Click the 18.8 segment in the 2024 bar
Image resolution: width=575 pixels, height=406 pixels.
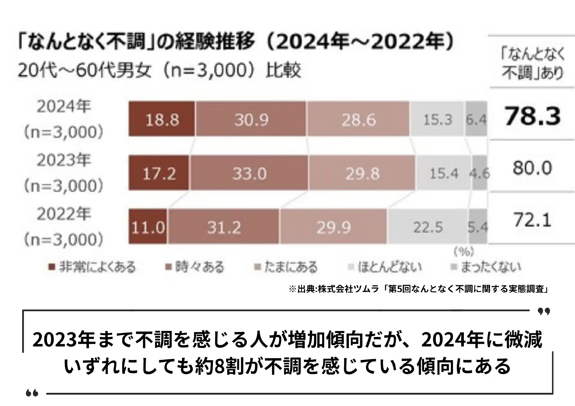pos(162,119)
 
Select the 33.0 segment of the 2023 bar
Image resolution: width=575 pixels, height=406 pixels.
pos(249,173)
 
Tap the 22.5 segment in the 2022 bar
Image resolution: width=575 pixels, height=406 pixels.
pos(428,227)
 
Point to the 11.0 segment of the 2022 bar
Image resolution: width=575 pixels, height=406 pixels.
pos(148,227)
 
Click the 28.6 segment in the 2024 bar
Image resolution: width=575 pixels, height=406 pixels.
pos(358,119)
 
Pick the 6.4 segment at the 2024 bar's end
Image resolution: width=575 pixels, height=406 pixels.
pos(476,119)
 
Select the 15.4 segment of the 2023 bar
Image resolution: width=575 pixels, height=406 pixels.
pos(444,173)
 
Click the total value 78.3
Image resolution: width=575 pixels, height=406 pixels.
pos(532,116)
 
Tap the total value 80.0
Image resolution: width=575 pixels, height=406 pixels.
pos(532,168)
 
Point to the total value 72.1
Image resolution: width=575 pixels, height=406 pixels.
pos(532,220)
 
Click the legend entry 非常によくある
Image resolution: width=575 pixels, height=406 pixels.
pos(93,267)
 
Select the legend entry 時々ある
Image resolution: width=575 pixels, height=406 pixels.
pos(195,267)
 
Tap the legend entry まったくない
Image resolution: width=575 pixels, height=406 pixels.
pos(486,267)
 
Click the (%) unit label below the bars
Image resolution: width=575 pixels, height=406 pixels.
pos(464,252)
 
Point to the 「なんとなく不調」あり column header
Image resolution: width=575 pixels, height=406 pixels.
pos(532,63)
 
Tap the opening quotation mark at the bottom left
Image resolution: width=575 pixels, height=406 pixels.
pos(32,393)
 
